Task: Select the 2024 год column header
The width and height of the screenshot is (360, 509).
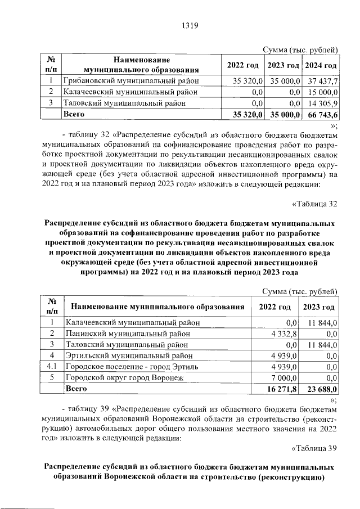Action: (x=321, y=65)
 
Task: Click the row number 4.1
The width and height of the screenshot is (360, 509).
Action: (x=52, y=367)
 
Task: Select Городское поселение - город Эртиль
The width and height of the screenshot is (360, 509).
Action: (x=128, y=367)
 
